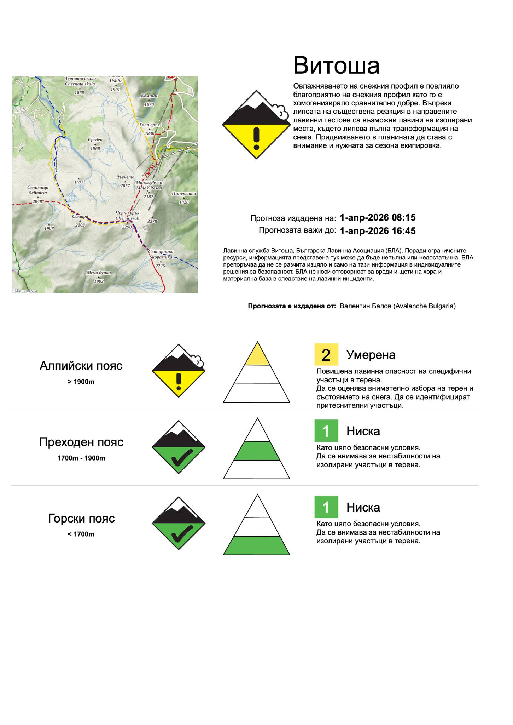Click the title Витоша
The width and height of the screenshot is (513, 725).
[336, 65]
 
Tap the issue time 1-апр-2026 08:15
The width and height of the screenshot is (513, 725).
[377, 217]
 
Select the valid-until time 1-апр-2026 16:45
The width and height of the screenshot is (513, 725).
[377, 231]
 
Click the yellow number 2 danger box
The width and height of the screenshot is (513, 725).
[326, 354]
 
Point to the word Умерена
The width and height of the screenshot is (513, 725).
[371, 354]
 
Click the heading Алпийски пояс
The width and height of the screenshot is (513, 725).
[81, 365]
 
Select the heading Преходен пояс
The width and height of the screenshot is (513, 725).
[81, 442]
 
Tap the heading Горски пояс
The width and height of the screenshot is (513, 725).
[81, 518]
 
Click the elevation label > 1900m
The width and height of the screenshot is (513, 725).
[81, 382]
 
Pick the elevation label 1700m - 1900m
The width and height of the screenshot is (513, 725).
[81, 458]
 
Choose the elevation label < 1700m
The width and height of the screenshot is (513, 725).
[81, 534]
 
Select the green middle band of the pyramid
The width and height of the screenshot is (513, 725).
[257, 451]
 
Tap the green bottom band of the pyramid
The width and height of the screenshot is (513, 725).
[257, 546]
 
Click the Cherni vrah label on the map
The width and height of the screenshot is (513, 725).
[127, 218]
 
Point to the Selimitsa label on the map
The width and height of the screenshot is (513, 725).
[37, 193]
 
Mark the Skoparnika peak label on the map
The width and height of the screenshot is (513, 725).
[161, 257]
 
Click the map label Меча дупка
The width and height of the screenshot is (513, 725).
[99, 273]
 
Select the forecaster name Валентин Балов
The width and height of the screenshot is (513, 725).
[365, 306]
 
